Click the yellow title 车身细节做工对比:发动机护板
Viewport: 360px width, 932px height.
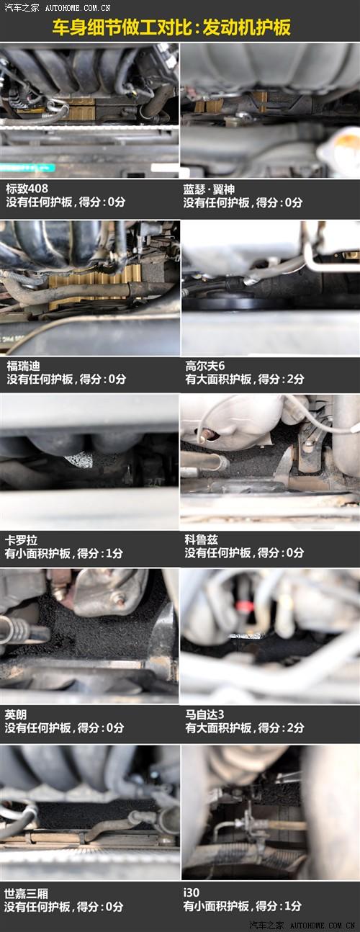(171, 27)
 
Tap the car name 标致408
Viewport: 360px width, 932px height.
(27, 189)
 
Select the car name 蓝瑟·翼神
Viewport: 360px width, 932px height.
(209, 189)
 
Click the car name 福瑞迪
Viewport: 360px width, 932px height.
(23, 366)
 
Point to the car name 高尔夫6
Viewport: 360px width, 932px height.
(205, 366)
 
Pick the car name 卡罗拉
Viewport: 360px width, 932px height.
(21, 540)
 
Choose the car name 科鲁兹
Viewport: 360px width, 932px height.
(201, 540)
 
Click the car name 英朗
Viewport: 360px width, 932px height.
(16, 714)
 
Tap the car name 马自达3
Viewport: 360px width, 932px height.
(204, 714)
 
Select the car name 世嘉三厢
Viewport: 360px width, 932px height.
(26, 893)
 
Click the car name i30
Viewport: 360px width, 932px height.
(192, 892)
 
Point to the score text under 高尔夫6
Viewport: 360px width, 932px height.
(244, 379)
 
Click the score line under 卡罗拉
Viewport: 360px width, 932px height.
(64, 553)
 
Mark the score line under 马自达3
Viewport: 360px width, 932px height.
(244, 727)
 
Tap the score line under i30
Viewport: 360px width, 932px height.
(243, 906)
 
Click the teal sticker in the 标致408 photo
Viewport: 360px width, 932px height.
(27, 168)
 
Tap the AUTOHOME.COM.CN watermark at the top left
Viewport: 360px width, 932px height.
(78, 7)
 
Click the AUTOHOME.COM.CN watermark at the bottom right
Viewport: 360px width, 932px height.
(323, 926)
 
